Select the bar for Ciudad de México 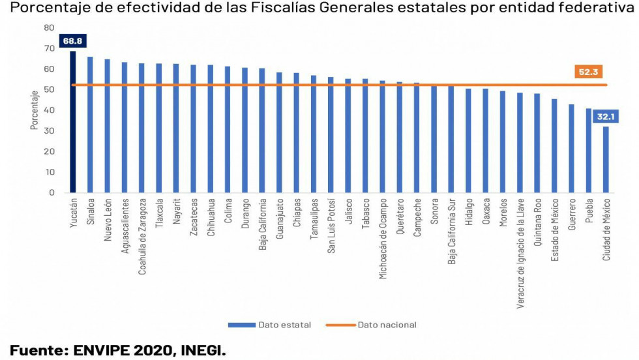coord(606,159)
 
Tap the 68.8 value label coord(72,41)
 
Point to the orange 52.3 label coord(587,72)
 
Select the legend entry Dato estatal coord(269,325)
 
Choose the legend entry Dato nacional coord(377,325)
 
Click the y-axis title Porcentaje coord(35,110)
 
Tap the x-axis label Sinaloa coord(91,213)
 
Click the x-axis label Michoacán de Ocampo coord(382,238)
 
